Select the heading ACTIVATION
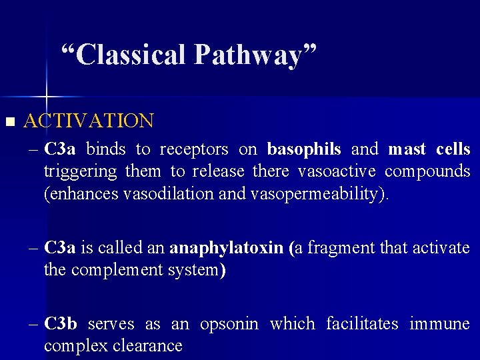[x=89, y=121]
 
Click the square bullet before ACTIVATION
[x=9, y=121]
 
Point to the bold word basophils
[x=304, y=149]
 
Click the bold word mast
[x=407, y=149]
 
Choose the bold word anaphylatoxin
[x=226, y=248]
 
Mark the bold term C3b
[x=61, y=324]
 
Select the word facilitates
[x=362, y=324]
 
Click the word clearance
[x=152, y=346]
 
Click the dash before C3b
[x=35, y=324]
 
